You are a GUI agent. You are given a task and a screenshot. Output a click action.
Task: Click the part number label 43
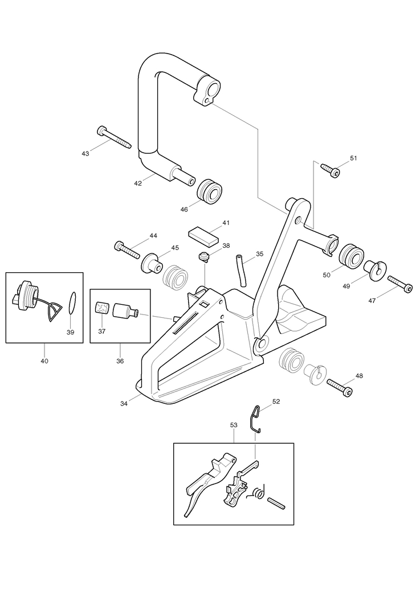pyautogui.click(x=85, y=154)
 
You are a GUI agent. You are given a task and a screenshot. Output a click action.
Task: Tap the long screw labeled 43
pyautogui.click(x=114, y=137)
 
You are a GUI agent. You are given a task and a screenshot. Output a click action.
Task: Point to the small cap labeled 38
pyautogui.click(x=204, y=257)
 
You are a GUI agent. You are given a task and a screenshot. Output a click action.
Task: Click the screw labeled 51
pyautogui.click(x=331, y=170)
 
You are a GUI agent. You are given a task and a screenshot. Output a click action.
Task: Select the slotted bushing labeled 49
pyautogui.click(x=374, y=270)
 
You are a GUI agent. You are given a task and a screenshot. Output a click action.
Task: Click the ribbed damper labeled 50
pyautogui.click(x=352, y=257)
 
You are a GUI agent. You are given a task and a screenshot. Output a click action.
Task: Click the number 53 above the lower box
pyautogui.click(x=234, y=425)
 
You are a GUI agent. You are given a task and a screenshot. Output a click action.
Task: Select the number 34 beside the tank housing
pyautogui.click(x=124, y=403)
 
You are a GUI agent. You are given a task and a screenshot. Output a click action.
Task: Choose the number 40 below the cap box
pyautogui.click(x=44, y=361)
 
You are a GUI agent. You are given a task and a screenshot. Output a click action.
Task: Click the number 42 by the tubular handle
pyautogui.click(x=138, y=183)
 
